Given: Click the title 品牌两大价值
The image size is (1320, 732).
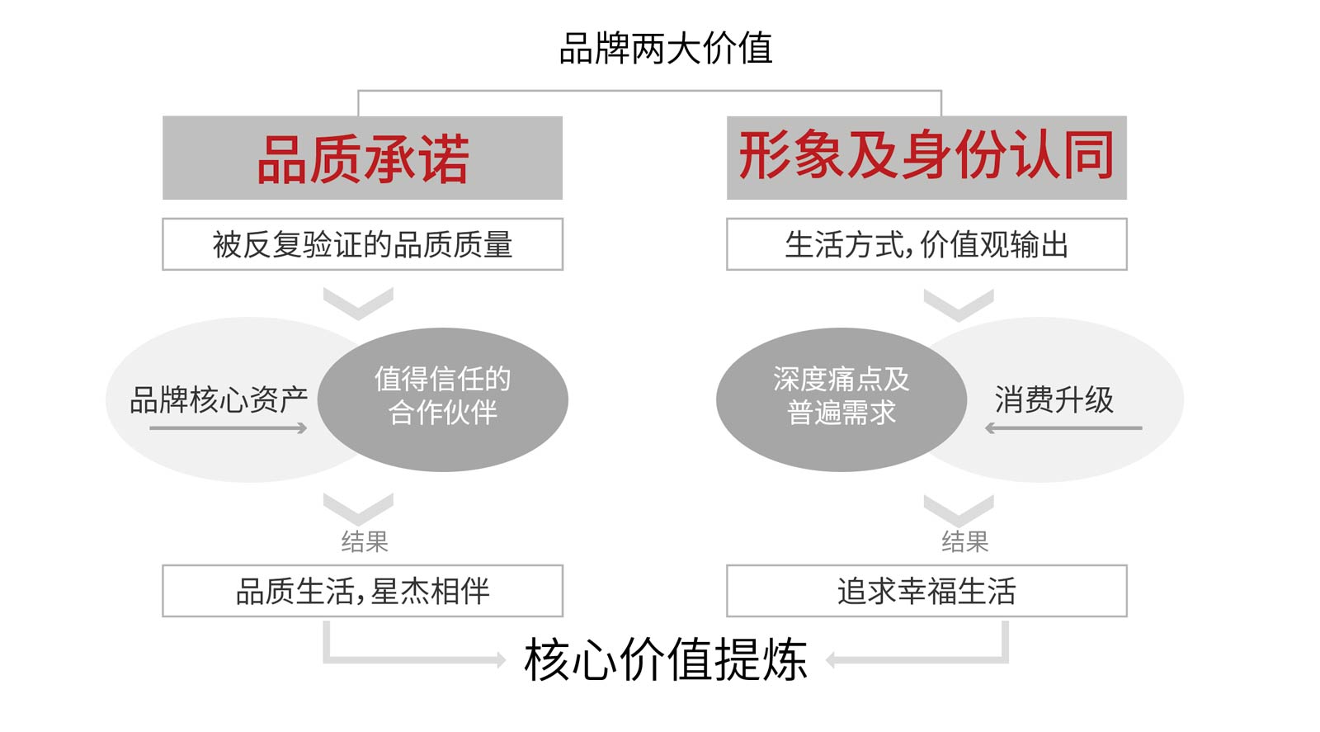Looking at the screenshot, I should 665,49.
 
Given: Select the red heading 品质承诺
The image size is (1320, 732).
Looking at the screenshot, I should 362,158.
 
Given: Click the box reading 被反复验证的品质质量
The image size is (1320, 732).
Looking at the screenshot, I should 362,244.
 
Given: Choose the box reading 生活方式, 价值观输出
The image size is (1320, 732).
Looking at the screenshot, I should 926,244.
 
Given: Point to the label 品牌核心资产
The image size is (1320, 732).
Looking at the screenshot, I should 219,400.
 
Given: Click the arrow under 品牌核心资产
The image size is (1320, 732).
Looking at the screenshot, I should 228,428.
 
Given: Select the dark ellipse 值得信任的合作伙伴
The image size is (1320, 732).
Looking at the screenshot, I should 443,396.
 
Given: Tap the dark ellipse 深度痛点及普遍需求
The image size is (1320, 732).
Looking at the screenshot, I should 841,396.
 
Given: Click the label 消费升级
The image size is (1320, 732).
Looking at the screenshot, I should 1054,400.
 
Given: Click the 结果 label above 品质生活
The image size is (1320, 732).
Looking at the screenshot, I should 365,541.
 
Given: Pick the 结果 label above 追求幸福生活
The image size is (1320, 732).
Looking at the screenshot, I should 964,541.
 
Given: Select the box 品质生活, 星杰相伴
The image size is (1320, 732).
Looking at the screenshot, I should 362,591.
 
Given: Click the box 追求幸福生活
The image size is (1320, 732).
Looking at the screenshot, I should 926,591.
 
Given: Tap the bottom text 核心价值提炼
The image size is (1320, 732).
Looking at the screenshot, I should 665,659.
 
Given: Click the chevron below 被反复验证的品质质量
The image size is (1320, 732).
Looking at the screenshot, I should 358,303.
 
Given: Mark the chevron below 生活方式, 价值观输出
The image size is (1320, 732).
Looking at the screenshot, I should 958,304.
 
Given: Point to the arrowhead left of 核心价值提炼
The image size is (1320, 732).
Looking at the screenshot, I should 500,659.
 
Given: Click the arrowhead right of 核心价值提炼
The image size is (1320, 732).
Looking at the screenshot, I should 832,659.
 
